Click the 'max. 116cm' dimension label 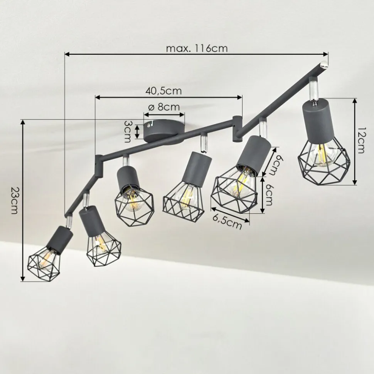(x=197, y=49)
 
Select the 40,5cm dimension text (x=163, y=91)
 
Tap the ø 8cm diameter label (x=164, y=107)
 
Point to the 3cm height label (x=128, y=131)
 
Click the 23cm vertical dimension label (x=15, y=200)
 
